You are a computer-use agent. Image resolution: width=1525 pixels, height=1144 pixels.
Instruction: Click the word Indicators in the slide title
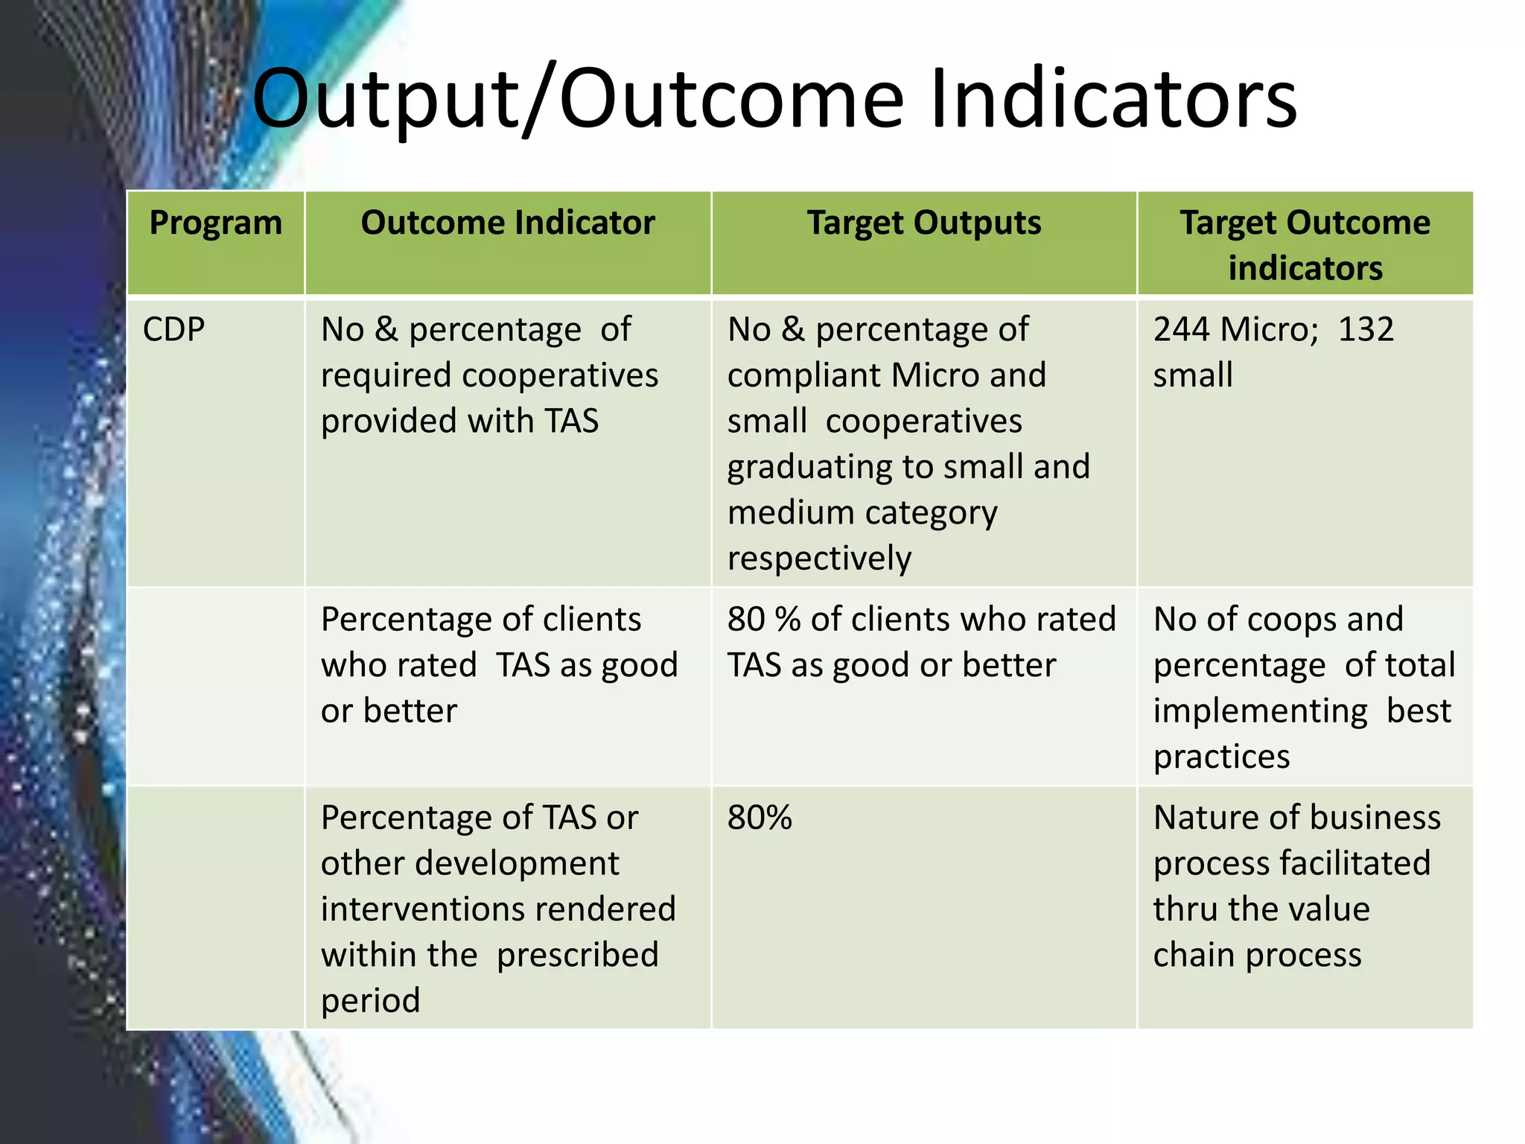click(1113, 99)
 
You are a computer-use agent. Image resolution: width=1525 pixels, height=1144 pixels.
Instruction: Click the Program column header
click(216, 223)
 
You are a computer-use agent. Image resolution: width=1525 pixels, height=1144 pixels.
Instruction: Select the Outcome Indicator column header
click(508, 223)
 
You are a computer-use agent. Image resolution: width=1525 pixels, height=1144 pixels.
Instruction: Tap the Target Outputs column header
click(924, 223)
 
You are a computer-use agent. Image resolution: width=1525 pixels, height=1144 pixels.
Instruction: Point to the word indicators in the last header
click(1305, 268)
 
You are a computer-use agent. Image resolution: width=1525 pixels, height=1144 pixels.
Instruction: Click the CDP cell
click(174, 329)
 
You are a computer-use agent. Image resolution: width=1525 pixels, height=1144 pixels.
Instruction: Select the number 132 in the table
click(1366, 329)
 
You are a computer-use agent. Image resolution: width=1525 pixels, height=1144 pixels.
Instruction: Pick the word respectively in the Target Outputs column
click(819, 559)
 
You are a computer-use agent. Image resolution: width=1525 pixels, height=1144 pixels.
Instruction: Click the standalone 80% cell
click(760, 818)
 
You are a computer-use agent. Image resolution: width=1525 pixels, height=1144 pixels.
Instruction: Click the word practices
click(1221, 757)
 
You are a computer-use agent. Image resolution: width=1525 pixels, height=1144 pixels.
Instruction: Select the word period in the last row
click(371, 1001)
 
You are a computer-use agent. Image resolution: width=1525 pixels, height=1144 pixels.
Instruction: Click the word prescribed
click(578, 955)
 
